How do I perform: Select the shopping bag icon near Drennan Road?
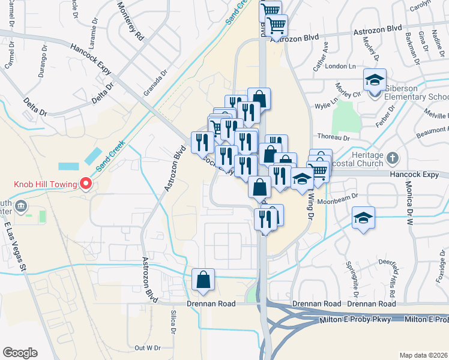[x=203, y=280]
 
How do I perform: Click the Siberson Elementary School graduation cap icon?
[x=375, y=81]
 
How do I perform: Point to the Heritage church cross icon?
[x=393, y=158]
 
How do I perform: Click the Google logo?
[x=20, y=353]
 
